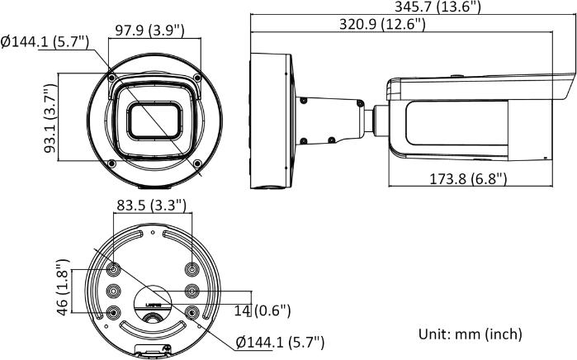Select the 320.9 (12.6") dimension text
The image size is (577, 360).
[x=382, y=25]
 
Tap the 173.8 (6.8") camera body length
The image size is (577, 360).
[x=468, y=178]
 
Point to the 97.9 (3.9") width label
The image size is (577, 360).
[x=149, y=31]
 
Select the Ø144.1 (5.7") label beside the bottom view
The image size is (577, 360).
[x=280, y=342]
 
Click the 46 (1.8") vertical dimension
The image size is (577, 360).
[x=63, y=290]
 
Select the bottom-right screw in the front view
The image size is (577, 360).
[x=197, y=163]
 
